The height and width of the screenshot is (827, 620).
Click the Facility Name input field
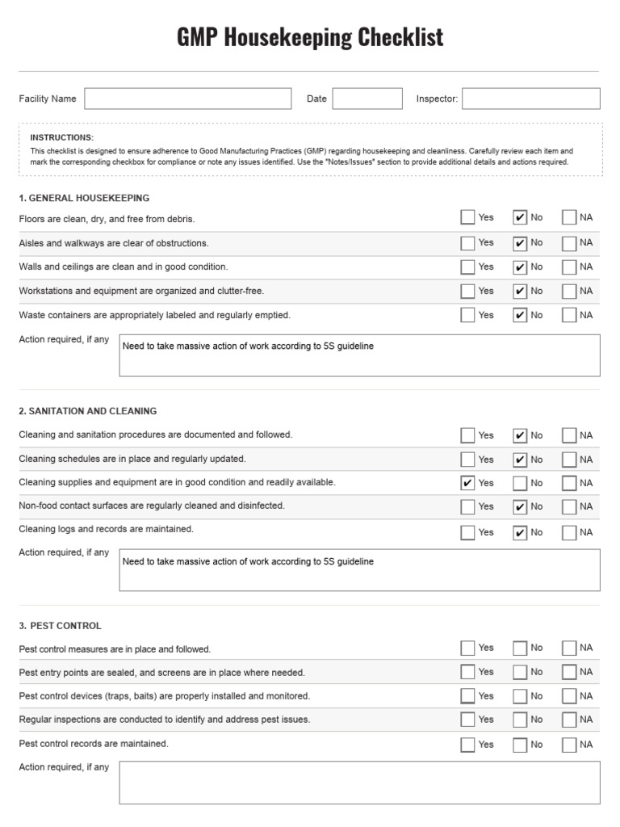(x=187, y=99)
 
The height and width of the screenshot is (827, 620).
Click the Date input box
(x=367, y=99)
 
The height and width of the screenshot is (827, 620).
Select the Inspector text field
(x=530, y=99)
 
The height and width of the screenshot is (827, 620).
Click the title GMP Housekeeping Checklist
(x=310, y=37)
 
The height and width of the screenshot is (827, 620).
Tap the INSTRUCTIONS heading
(x=62, y=137)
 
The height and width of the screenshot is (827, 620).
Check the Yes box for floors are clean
(x=467, y=217)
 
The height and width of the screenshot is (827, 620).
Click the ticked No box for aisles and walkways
(x=520, y=243)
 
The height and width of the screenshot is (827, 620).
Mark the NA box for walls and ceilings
(x=569, y=267)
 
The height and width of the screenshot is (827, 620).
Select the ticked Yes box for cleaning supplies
(x=467, y=483)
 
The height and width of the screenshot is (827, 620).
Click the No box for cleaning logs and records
(x=520, y=532)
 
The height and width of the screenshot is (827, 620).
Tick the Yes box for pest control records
(x=467, y=745)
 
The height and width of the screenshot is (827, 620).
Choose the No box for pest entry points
(x=520, y=672)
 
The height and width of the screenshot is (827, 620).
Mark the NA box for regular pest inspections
(x=569, y=720)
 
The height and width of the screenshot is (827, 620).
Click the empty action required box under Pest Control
(x=359, y=782)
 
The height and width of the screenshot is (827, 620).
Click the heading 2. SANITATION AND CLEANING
(x=88, y=411)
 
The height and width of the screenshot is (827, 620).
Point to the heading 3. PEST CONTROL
(x=61, y=626)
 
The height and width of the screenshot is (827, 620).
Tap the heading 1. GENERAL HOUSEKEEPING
(x=84, y=198)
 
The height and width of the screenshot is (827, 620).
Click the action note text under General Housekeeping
(x=248, y=346)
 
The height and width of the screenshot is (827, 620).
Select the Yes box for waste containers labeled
(x=467, y=315)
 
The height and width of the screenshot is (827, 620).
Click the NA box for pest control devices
(x=569, y=696)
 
